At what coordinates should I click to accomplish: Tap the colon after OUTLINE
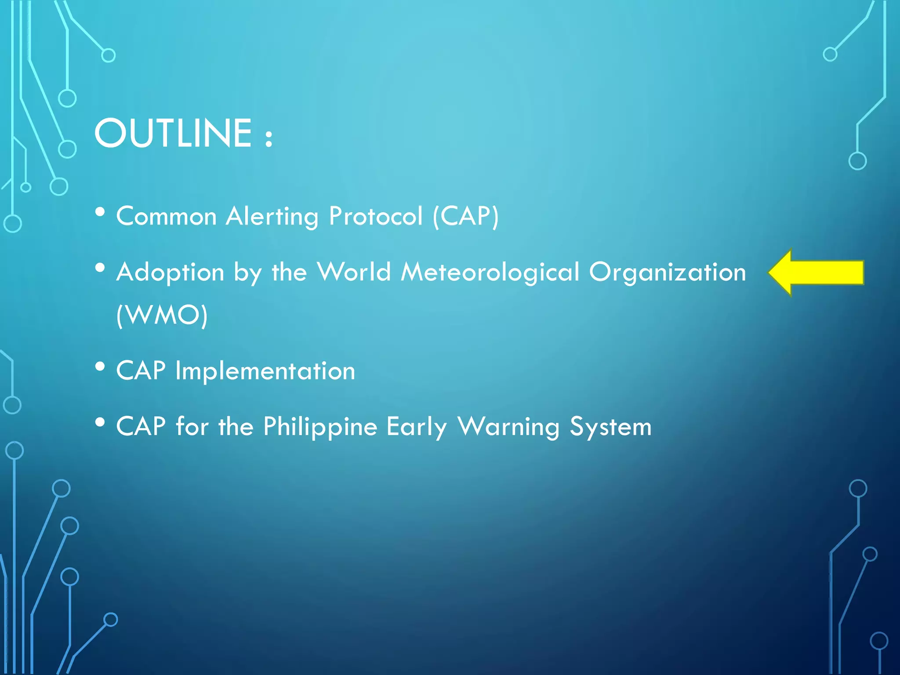[x=269, y=138]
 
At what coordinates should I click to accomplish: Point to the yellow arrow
[x=817, y=272]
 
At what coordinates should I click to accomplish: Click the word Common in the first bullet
[x=167, y=216]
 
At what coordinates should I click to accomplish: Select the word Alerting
[x=272, y=217]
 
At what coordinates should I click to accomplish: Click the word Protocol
[x=376, y=216]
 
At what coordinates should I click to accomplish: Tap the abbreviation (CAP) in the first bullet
[x=466, y=216]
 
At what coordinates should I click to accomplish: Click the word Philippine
[x=320, y=427]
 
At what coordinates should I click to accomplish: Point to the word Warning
[x=508, y=427]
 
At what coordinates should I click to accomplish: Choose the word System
[x=610, y=427]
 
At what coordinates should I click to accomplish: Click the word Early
[x=417, y=427]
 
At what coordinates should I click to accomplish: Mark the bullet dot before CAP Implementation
[x=100, y=366]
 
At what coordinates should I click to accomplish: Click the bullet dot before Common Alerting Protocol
[x=100, y=212]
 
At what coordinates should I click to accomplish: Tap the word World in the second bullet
[x=354, y=272]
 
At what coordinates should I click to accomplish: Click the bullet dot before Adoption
[x=100, y=268]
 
